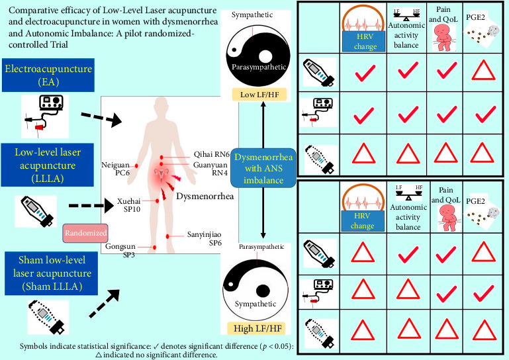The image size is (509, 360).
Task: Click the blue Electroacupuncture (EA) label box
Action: click(x=48, y=75)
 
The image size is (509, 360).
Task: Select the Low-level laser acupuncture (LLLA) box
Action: click(x=48, y=165)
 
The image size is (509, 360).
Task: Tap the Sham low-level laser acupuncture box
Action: click(x=51, y=273)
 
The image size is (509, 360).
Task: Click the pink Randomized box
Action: click(x=85, y=233)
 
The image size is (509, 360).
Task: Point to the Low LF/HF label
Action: click(x=259, y=95)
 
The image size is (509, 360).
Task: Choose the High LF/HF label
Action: click(x=258, y=328)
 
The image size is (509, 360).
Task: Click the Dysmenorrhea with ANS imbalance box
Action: click(x=263, y=168)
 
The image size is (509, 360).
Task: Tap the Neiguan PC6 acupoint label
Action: click(x=116, y=169)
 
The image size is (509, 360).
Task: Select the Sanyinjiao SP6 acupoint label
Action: click(x=205, y=238)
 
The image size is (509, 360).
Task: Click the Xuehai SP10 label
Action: click(x=129, y=205)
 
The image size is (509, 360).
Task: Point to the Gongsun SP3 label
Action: click(x=120, y=250)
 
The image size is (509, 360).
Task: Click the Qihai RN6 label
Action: click(x=212, y=154)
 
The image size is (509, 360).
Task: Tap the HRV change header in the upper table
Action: click(x=365, y=41)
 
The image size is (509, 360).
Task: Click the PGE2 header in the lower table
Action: click(x=475, y=201)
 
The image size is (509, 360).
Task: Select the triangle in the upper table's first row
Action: click(x=483, y=70)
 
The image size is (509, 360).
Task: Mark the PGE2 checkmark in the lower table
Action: click(x=484, y=293)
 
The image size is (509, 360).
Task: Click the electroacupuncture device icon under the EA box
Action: click(x=45, y=116)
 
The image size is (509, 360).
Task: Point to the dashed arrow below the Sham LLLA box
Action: click(x=104, y=304)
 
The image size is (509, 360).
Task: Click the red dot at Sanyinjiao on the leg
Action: click(x=167, y=236)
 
